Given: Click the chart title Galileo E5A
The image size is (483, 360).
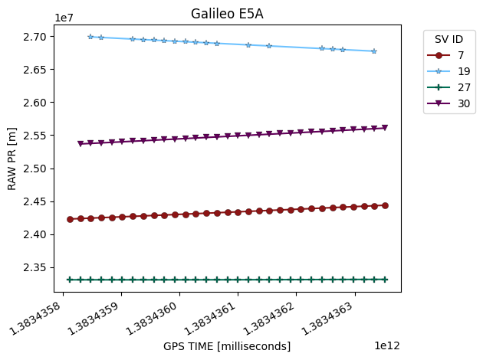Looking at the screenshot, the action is click(227, 14).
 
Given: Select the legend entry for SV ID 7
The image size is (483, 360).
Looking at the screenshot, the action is click(445, 55).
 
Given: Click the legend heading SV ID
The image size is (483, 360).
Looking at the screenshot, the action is click(449, 39).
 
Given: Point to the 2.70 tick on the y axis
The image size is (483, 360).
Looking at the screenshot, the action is click(34, 37).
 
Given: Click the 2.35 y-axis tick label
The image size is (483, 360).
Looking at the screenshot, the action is click(34, 267).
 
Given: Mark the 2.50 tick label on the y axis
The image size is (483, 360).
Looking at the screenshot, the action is click(34, 169).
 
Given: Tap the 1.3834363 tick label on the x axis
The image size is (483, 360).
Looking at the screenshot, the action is click(327, 319).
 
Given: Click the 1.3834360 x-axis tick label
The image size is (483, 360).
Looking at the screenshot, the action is click(152, 319).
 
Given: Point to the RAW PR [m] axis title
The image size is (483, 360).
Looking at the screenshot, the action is click(11, 159).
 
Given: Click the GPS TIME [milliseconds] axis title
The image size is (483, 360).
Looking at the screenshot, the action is click(227, 346).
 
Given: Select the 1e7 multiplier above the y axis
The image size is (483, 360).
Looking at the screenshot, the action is click(64, 18).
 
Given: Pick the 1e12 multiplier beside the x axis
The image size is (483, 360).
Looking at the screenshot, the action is click(387, 345).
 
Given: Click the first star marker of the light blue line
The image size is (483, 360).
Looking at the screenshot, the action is click(90, 37).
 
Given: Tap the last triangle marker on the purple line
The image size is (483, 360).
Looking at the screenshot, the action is click(385, 127).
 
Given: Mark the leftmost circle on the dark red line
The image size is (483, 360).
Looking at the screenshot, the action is click(71, 219).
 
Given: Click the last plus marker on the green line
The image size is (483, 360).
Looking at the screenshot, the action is click(385, 280).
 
